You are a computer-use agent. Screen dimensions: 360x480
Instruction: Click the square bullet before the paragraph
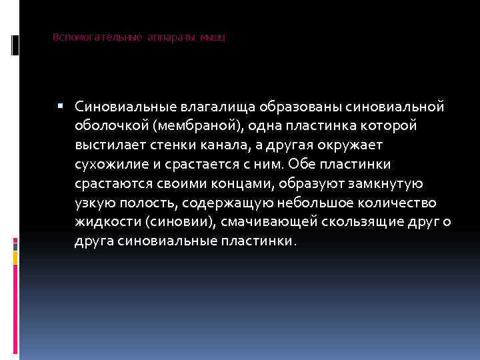61,105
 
